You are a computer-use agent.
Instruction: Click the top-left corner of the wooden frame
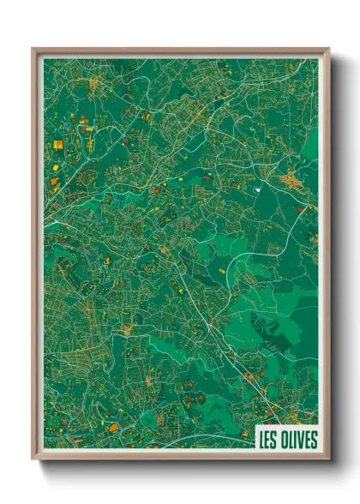click(x=33, y=50)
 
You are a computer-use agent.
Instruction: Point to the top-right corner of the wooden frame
click(x=328, y=50)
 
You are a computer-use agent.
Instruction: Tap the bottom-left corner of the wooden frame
click(x=33, y=460)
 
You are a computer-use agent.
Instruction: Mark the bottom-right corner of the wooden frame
click(x=328, y=460)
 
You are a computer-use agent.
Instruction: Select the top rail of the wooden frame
click(x=180, y=51)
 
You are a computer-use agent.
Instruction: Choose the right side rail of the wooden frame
click(x=327, y=257)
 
